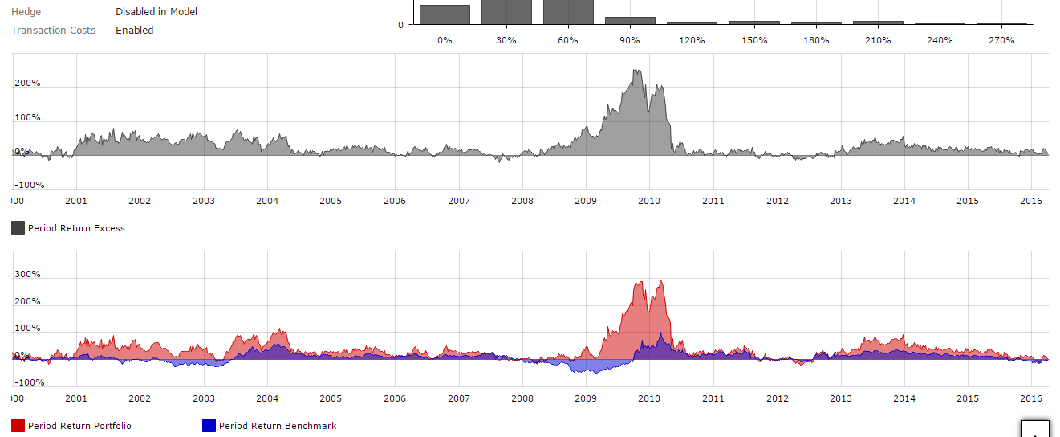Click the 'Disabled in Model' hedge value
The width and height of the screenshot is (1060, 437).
[x=156, y=12]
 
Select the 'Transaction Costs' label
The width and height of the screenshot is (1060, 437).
[x=53, y=31]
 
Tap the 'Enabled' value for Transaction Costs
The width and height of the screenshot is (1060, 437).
[x=135, y=31]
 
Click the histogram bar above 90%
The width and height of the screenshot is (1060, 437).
[x=630, y=20]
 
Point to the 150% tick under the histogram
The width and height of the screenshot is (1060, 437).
[x=754, y=40]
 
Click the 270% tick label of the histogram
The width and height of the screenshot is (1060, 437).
[x=1001, y=40]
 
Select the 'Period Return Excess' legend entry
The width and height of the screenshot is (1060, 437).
[x=76, y=228]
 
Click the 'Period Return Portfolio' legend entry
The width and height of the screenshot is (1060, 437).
[x=79, y=426]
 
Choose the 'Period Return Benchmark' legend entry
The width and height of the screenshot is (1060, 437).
[x=278, y=426]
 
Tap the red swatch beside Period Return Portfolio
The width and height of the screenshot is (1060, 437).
[x=18, y=426]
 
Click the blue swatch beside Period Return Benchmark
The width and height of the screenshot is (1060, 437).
[x=209, y=426]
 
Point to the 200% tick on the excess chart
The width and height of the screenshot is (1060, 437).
[x=28, y=84]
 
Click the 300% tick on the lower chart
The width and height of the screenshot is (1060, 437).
[x=28, y=275]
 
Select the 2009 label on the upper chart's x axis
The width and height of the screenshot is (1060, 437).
[x=586, y=201]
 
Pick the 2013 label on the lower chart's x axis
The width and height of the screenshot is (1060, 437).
[x=841, y=398]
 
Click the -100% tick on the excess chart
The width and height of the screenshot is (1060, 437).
[x=30, y=186]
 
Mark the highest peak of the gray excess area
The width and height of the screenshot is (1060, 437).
[x=636, y=70]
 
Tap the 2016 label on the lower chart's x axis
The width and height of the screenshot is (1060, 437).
[x=1032, y=398]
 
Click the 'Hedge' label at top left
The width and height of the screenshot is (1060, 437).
[x=26, y=12]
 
